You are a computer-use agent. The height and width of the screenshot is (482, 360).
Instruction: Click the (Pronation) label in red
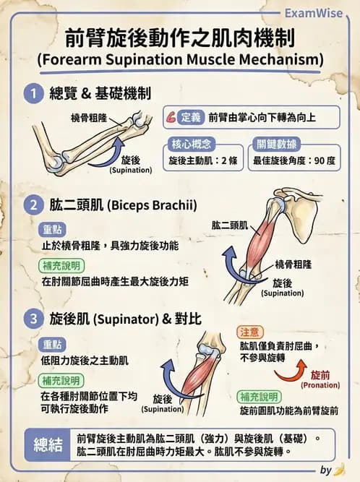click(x=320, y=386)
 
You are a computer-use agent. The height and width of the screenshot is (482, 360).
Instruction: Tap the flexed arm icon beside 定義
click(x=171, y=116)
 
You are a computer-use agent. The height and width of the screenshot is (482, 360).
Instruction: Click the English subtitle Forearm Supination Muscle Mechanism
click(x=180, y=59)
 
